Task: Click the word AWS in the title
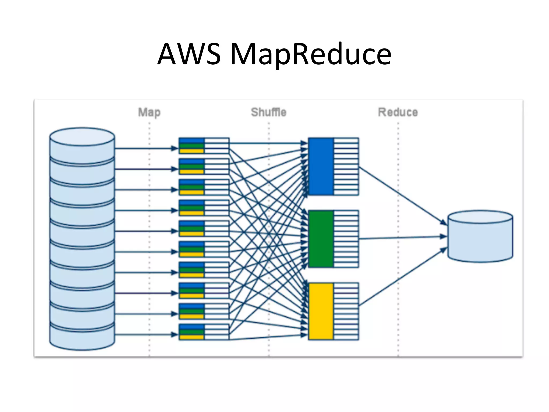pyautogui.click(x=189, y=54)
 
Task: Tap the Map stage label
pyautogui.click(x=149, y=112)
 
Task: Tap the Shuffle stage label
pyautogui.click(x=269, y=112)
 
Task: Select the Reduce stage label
pyautogui.click(x=398, y=112)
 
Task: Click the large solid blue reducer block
pyautogui.click(x=321, y=166)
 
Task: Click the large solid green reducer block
pyautogui.click(x=321, y=239)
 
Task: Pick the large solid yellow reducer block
pyautogui.click(x=321, y=311)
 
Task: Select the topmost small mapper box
pyautogui.click(x=204, y=146)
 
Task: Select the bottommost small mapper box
pyautogui.click(x=204, y=332)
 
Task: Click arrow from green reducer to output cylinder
pyautogui.click(x=402, y=238)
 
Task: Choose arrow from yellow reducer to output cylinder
pyautogui.click(x=402, y=278)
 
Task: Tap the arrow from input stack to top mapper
pyautogui.click(x=145, y=148)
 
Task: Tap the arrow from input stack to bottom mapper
pyautogui.click(x=145, y=334)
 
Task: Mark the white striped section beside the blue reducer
pyautogui.click(x=346, y=166)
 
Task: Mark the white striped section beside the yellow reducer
pyautogui.click(x=346, y=311)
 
